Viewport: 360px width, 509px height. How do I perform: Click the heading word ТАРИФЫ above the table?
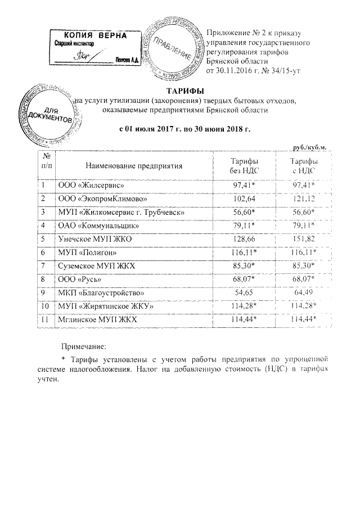coord(184,91)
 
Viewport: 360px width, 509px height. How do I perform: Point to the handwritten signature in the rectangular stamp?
coord(84,55)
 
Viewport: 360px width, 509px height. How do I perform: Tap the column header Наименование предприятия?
coord(135,167)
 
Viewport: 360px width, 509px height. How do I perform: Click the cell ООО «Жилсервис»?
coord(88,184)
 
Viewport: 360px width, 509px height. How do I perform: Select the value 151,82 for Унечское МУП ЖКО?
coord(303,239)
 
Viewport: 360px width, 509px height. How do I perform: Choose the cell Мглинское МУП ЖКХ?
coord(97,320)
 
